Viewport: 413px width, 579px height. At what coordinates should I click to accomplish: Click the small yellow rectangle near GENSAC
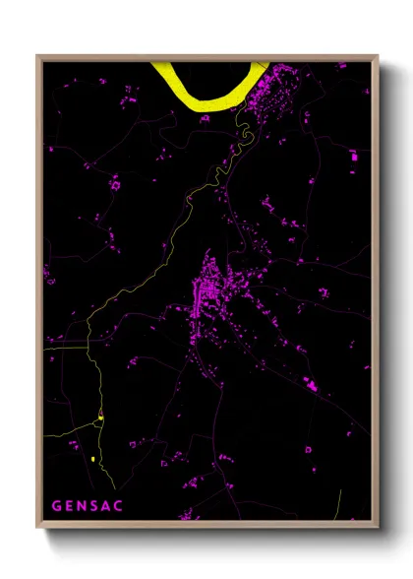click(91, 459)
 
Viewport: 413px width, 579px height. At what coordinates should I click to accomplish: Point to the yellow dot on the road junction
click(100, 418)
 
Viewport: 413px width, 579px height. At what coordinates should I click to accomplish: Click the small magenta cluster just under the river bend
click(205, 118)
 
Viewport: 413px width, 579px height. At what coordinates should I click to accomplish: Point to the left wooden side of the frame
click(39, 295)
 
